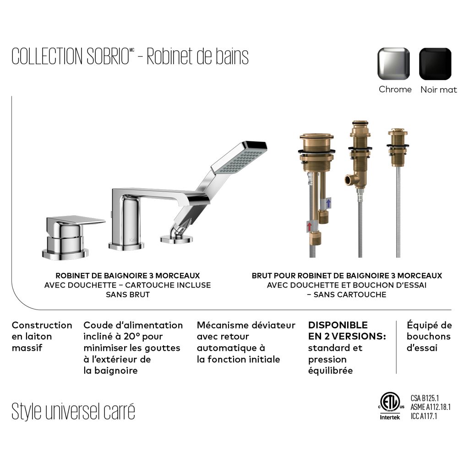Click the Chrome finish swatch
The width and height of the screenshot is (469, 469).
[393, 64]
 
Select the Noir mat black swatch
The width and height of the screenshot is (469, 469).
[435, 64]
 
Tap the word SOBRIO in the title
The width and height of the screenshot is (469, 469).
[108, 56]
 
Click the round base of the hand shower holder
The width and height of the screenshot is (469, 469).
[176, 239]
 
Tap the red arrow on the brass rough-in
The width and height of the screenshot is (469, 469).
[310, 226]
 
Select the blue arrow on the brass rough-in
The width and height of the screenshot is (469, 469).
[328, 203]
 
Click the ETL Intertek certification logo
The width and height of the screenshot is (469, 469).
[390, 406]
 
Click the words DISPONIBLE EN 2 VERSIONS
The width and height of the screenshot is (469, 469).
[347, 331]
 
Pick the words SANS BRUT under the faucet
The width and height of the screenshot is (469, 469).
[128, 294]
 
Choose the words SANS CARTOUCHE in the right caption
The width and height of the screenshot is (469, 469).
[350, 294]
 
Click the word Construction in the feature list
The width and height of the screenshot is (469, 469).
[42, 325]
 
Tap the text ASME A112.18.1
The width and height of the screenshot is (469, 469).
[431, 407]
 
